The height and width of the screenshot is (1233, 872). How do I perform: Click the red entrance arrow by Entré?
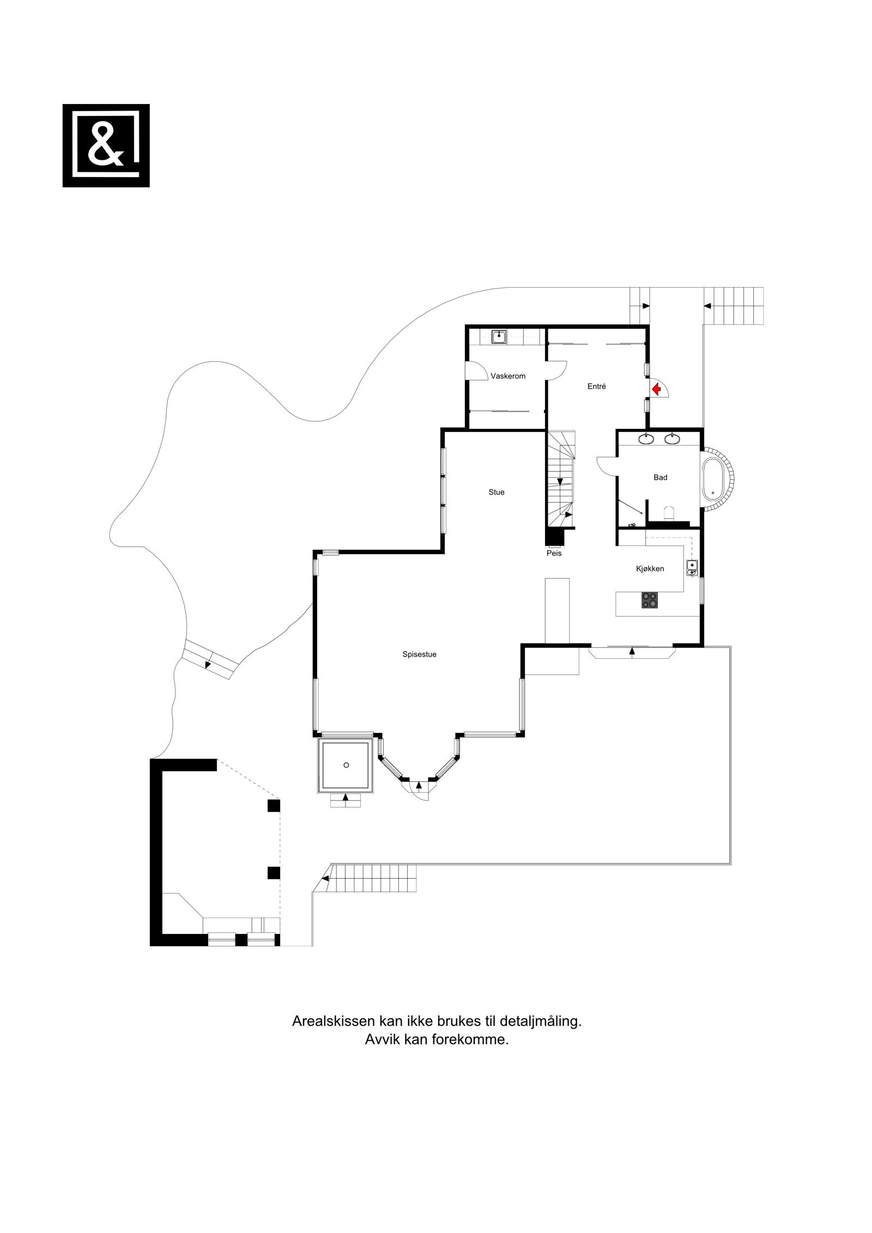pyautogui.click(x=656, y=388)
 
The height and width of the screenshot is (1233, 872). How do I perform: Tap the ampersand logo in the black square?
pyautogui.click(x=106, y=145)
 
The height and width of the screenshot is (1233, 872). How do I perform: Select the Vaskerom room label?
pyautogui.click(x=507, y=376)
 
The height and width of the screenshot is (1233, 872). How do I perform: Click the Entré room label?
pyautogui.click(x=596, y=386)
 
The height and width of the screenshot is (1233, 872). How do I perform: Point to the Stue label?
pyautogui.click(x=496, y=492)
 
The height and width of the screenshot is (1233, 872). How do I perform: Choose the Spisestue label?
pyautogui.click(x=419, y=655)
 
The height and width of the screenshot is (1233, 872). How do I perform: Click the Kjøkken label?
pyautogui.click(x=650, y=568)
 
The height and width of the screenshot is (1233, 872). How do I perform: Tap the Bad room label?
pyautogui.click(x=660, y=477)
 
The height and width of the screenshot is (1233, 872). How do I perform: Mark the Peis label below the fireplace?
pyautogui.click(x=554, y=553)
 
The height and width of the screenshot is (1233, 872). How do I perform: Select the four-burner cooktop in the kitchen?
pyautogui.click(x=650, y=600)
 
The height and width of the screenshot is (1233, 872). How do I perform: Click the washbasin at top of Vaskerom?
pyautogui.click(x=499, y=337)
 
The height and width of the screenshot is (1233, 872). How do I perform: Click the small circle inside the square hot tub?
pyautogui.click(x=346, y=766)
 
